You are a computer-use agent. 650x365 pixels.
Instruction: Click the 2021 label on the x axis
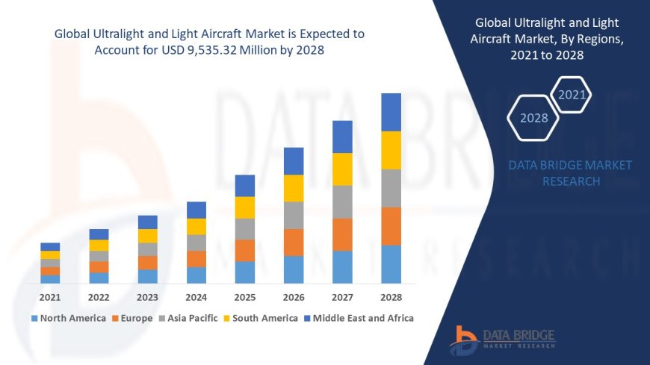pos(50,297)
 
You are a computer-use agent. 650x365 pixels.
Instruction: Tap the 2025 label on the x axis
pos(245,297)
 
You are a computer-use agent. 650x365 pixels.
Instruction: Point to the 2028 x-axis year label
pos(391,297)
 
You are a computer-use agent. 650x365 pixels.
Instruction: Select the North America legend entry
pos(68,318)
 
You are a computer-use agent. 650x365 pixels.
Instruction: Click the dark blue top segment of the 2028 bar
pos(391,112)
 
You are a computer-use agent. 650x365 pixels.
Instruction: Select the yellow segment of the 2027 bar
pos(342,169)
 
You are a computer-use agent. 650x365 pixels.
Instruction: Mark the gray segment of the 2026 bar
pos(294,215)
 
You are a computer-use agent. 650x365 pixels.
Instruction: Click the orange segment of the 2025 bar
pos(245,250)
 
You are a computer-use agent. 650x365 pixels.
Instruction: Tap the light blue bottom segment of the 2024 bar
pos(196,275)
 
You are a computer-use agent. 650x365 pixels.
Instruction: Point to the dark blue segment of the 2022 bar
pos(99,234)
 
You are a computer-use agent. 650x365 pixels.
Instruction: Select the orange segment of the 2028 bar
pos(391,226)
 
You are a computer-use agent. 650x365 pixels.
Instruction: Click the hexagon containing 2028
pos(533,118)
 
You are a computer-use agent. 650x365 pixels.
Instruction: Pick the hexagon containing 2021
pos(572,95)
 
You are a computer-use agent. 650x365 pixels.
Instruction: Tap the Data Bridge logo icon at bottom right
pos(464,340)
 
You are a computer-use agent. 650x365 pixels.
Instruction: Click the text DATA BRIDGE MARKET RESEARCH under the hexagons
pos(570,173)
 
